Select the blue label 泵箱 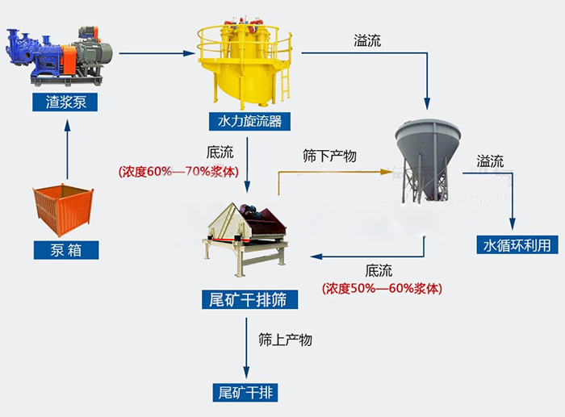pyautogui.click(x=66, y=250)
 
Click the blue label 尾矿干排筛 pyautogui.click(x=249, y=300)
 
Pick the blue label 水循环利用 pyautogui.click(x=517, y=244)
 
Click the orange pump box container pyautogui.click(x=65, y=210)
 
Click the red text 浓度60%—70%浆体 pyautogui.click(x=179, y=171)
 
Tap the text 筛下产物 pyautogui.click(x=329, y=155)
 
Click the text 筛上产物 pyautogui.click(x=285, y=340)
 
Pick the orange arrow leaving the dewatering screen pyautogui.click(x=323, y=171)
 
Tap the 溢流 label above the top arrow pyautogui.click(x=367, y=40)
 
